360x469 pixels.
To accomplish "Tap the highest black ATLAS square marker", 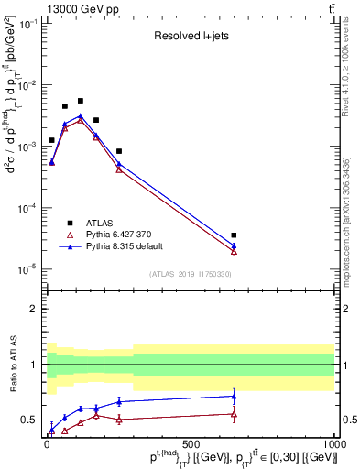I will click(81, 101).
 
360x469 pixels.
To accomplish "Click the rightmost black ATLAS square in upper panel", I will click(234, 235).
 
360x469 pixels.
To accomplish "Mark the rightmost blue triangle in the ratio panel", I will click(234, 397).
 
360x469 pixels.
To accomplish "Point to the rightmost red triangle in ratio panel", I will click(234, 414).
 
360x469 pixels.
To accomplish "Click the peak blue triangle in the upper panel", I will click(81, 116).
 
